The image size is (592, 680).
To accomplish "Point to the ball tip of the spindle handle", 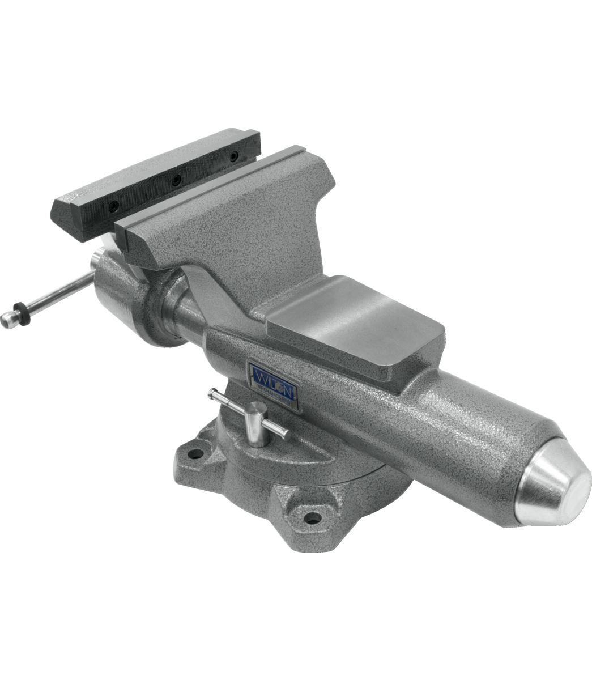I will click(x=7, y=321).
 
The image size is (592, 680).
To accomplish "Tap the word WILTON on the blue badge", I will click(x=274, y=376).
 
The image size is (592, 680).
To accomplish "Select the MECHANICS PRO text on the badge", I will click(x=275, y=390).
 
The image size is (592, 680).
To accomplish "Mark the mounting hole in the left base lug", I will click(x=195, y=454).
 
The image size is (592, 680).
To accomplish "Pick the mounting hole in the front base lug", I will click(x=310, y=517).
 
